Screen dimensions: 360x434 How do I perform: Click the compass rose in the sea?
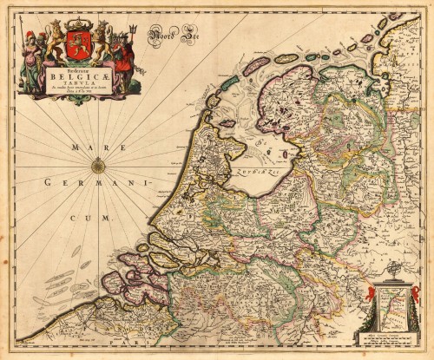(x=98, y=166)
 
